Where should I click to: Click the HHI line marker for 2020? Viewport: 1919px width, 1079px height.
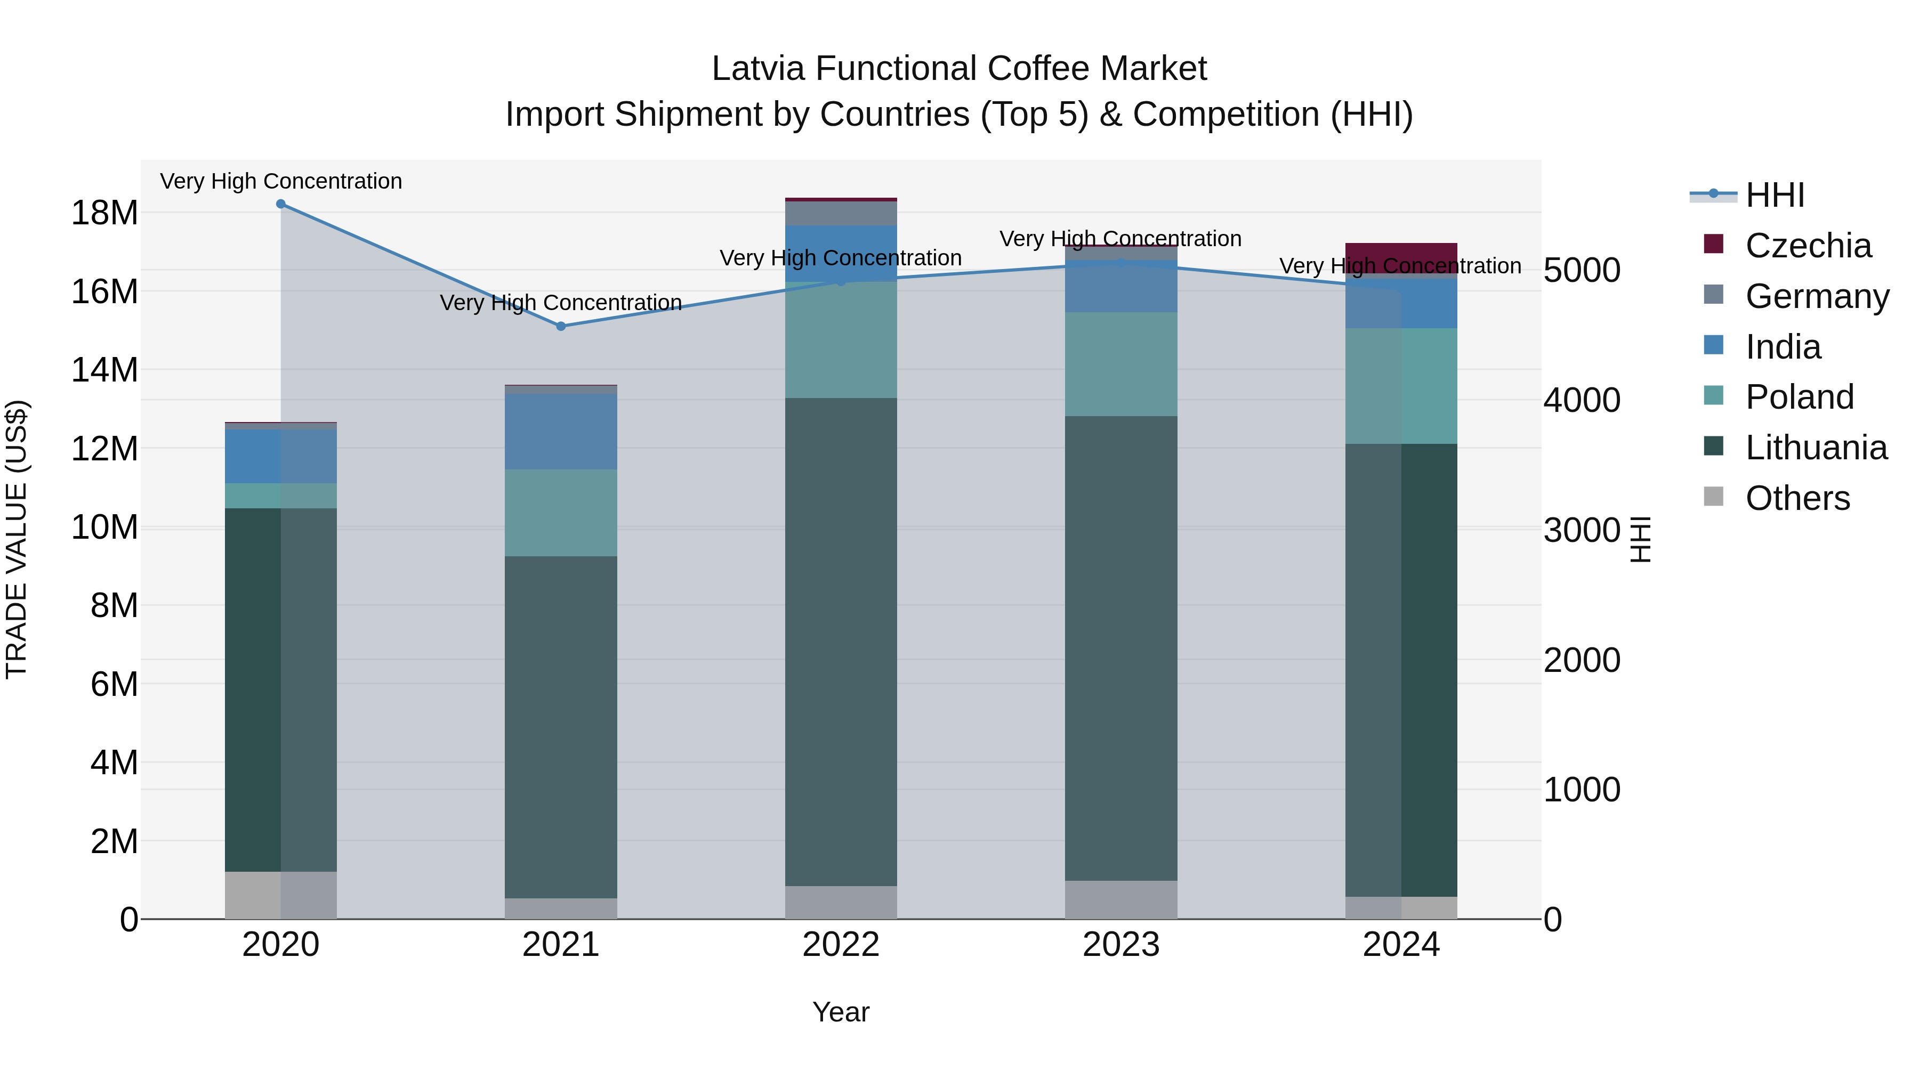[281, 204]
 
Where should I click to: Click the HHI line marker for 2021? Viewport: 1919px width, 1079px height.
[561, 326]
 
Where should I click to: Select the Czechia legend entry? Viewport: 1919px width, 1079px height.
[1808, 246]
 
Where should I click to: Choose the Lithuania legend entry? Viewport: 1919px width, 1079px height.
[1816, 448]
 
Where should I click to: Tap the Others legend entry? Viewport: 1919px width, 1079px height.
[1797, 498]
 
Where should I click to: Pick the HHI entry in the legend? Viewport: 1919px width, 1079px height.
[1775, 195]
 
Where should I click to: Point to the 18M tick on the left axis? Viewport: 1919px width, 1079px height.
[104, 213]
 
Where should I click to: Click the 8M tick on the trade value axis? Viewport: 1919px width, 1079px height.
[114, 605]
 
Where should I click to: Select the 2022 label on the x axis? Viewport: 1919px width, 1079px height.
[841, 945]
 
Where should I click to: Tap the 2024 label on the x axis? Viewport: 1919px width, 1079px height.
[1401, 945]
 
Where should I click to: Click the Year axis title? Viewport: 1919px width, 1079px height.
[841, 1012]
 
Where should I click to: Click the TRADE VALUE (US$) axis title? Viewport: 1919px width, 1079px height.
[17, 539]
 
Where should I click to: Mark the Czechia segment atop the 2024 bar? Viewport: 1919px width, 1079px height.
[1401, 258]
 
